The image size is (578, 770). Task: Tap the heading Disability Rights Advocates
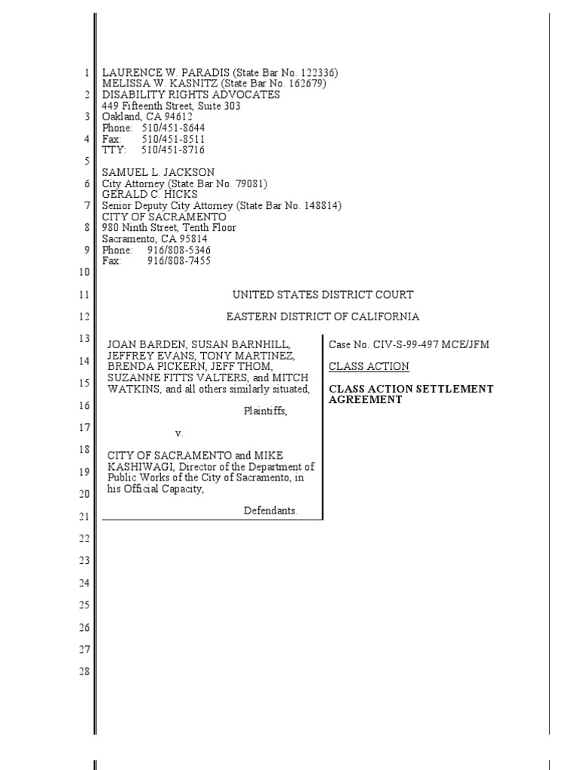coord(191,95)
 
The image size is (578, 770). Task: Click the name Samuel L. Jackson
coord(158,173)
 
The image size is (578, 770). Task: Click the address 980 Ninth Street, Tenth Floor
coord(169,228)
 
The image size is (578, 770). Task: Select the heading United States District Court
coord(323,295)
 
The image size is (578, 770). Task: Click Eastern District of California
coord(323,317)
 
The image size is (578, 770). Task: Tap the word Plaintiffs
coord(265,411)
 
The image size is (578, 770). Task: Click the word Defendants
coord(270,511)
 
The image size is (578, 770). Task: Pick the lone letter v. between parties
coord(179,433)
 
